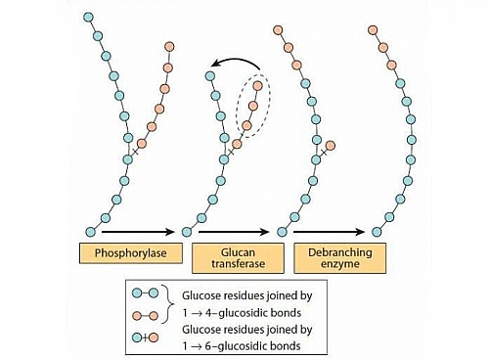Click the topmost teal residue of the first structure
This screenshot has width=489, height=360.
point(90,18)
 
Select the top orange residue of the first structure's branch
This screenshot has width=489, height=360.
point(170,45)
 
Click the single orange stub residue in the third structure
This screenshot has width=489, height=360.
point(329,148)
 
